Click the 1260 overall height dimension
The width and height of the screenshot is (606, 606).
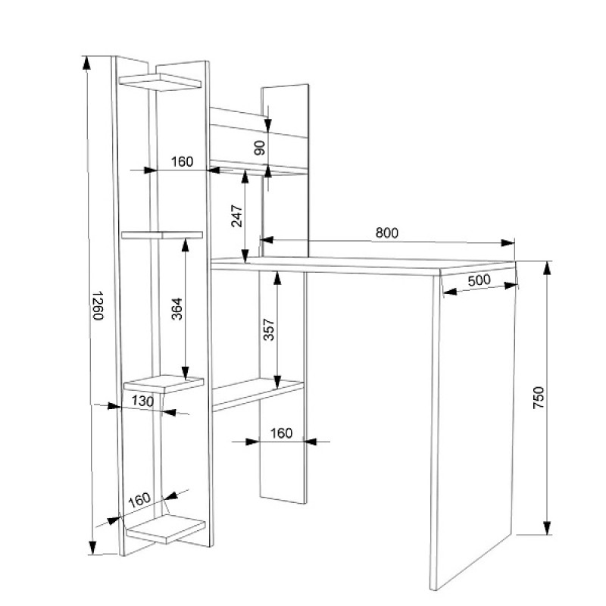[x=98, y=305]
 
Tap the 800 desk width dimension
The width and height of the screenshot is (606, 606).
[x=387, y=233]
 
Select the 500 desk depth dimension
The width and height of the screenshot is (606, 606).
[x=479, y=280]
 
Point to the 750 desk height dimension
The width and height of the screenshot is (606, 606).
[x=538, y=397]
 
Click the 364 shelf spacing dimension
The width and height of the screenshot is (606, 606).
[x=176, y=309]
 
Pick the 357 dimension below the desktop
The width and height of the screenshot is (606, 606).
[x=268, y=330]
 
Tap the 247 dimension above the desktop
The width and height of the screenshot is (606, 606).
[x=236, y=216]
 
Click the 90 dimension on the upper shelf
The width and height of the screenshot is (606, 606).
[x=260, y=148]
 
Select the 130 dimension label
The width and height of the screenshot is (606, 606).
[x=142, y=401]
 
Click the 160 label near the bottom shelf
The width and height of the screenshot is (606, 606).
[x=139, y=500]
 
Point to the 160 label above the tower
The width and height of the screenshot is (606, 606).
[x=182, y=161]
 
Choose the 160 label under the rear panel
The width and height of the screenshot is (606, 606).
[x=281, y=433]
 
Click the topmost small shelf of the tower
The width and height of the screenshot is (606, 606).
[x=160, y=82]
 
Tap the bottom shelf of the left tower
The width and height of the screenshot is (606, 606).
[x=165, y=528]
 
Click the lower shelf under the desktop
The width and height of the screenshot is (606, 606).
[x=258, y=394]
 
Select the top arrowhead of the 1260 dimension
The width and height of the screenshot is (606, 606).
[x=86, y=63]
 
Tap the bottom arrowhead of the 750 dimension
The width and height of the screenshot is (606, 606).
[x=547, y=528]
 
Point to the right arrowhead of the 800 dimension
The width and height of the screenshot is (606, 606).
[x=508, y=242]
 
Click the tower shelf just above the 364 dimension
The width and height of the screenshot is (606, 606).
[x=162, y=235]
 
